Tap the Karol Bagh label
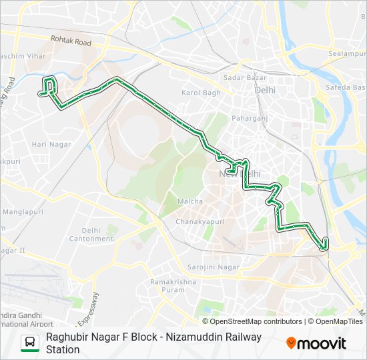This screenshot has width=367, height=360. click(x=201, y=93)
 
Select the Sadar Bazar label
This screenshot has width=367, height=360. click(x=240, y=78)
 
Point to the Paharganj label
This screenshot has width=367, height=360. click(x=248, y=118)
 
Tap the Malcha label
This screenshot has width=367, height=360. click(x=190, y=201)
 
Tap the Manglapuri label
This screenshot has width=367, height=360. click(x=20, y=211)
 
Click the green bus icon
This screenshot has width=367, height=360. click(x=30, y=343)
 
